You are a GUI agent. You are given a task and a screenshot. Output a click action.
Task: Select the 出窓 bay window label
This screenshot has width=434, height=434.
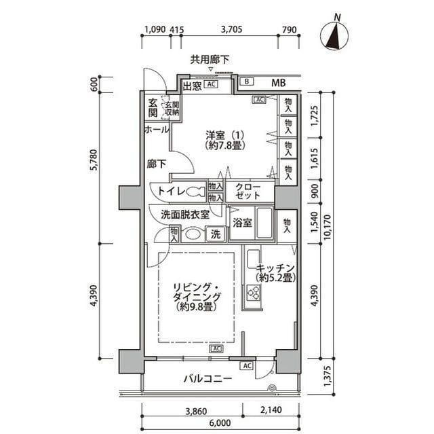(192, 86)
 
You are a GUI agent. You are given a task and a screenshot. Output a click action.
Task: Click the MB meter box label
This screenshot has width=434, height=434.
(278, 84)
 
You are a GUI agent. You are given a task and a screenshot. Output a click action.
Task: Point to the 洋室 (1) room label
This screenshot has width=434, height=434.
(226, 141)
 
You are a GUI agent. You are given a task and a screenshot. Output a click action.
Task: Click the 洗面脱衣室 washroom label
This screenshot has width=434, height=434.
(180, 214)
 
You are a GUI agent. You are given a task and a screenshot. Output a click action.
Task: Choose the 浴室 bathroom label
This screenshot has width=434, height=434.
(242, 222)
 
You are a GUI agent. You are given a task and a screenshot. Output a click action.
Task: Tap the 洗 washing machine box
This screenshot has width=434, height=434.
(215, 235)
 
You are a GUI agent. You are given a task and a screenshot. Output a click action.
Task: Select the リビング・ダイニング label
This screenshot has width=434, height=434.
(197, 297)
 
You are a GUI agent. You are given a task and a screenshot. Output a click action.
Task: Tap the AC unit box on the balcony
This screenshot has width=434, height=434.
(246, 365)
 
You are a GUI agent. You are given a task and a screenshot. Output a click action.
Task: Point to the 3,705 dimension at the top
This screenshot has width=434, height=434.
(232, 30)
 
